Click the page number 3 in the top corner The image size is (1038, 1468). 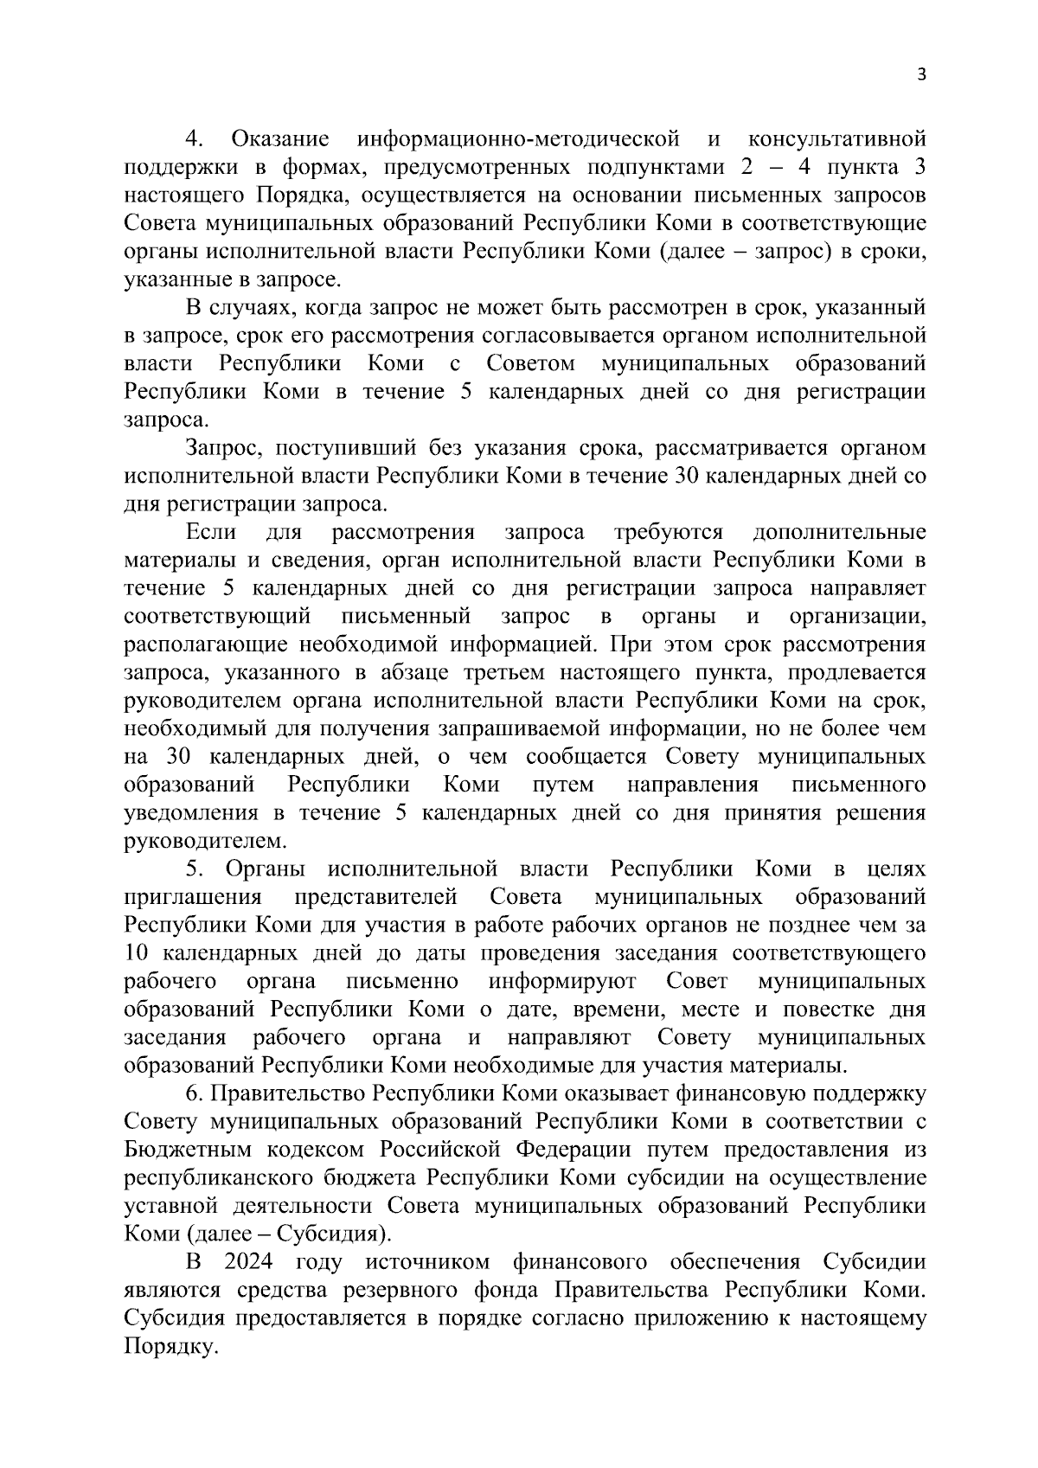(921, 75)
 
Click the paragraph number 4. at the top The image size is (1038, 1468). (194, 138)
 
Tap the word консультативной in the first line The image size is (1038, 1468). (836, 138)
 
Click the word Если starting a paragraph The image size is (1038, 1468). (211, 532)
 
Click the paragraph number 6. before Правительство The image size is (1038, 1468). (193, 1093)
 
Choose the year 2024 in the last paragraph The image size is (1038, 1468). (249, 1262)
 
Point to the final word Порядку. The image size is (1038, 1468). (169, 1347)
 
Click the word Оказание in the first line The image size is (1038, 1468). (280, 138)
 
